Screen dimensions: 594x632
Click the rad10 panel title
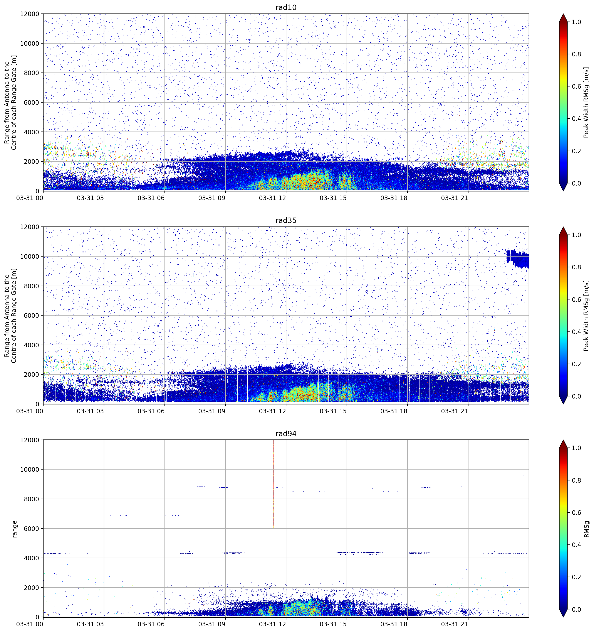[x=286, y=7]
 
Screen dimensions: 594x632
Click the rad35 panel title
[x=286, y=220]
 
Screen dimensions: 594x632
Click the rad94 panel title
[x=286, y=434]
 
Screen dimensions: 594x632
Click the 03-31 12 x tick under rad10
[x=273, y=198]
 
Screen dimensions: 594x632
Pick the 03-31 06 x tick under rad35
[x=151, y=411]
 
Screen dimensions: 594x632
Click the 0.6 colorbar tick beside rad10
[x=577, y=86]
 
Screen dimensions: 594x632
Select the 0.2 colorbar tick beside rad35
[x=577, y=364]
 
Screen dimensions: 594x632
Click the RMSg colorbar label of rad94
[x=586, y=529]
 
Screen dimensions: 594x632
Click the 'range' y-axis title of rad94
[x=14, y=529]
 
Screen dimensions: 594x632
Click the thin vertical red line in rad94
[x=274, y=484]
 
